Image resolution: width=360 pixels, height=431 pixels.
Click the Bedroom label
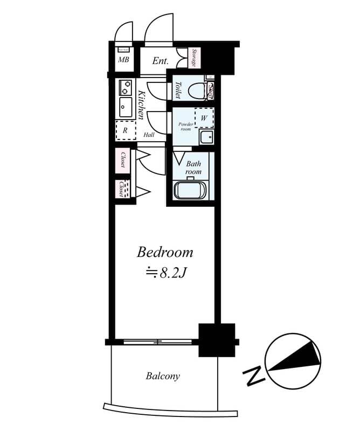165,252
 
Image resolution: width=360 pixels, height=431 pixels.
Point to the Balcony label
163,376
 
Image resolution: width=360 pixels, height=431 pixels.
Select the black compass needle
294,358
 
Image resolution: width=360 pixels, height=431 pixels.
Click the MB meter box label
123,60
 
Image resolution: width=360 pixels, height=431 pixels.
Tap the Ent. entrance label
161,61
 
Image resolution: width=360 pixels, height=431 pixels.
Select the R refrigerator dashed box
126,130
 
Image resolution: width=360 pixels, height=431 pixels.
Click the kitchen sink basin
126,106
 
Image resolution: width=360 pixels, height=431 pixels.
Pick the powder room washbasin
206,137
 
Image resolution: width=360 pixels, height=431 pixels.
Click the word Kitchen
141,106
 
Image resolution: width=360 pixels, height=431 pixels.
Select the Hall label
149,135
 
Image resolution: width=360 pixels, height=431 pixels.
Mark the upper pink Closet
123,159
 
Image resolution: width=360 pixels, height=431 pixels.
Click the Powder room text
185,127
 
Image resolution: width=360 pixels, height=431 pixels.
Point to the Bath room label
193,167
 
